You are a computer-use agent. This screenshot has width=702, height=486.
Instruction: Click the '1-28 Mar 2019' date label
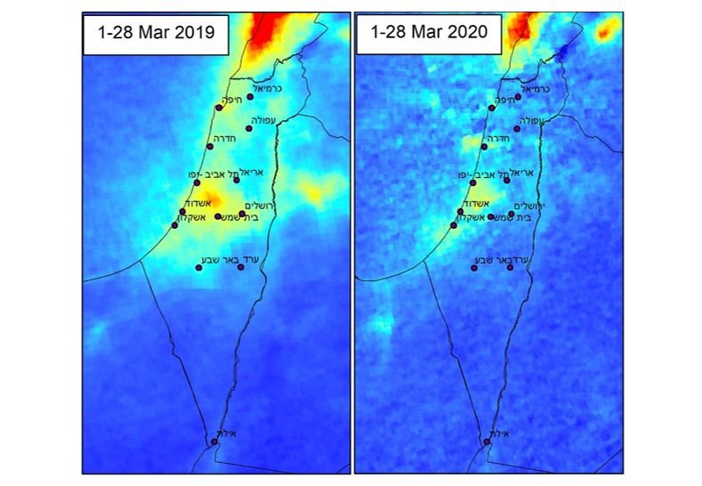pyautogui.click(x=156, y=35)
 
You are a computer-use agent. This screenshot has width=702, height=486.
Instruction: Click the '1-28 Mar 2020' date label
pyautogui.click(x=428, y=35)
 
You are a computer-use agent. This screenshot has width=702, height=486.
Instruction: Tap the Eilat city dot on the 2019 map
pyautogui.click(x=214, y=441)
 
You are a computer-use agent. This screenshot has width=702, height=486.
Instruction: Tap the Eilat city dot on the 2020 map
pyautogui.click(x=487, y=441)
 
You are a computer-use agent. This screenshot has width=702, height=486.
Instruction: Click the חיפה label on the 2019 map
pyautogui.click(x=231, y=101)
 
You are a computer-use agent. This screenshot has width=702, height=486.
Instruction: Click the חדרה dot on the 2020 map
pyautogui.click(x=484, y=146)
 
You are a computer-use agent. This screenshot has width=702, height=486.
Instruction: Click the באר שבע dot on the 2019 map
pyautogui.click(x=199, y=267)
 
